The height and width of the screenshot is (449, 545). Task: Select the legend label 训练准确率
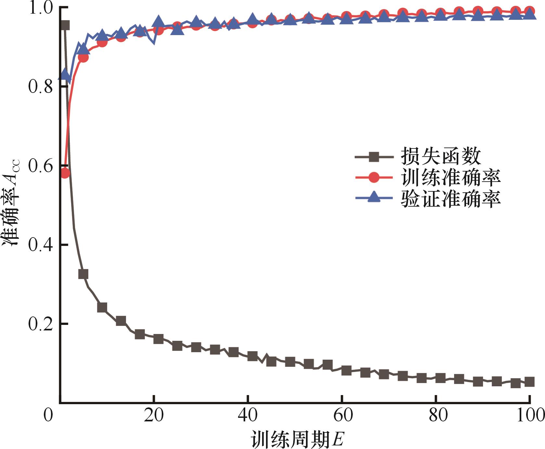point(450,177)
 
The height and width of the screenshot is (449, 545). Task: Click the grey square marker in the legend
point(374,158)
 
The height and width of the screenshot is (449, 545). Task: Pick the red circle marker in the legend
point(374,178)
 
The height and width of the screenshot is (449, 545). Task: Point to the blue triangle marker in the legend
point(374,197)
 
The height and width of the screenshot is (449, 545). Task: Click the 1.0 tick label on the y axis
point(41,8)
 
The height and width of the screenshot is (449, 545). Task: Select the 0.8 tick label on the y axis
point(41,87)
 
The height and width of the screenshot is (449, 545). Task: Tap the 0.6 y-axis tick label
point(41,166)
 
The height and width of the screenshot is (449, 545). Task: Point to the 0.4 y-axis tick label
point(41,245)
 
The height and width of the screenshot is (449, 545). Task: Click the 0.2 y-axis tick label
point(41,324)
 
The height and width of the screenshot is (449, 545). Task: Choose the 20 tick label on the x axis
point(154,416)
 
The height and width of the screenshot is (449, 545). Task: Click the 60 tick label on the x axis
point(343,416)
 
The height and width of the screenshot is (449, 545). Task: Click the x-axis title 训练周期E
point(297,439)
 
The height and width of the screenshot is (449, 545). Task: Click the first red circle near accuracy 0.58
point(65,173)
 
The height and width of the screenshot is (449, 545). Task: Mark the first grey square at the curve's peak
point(65,25)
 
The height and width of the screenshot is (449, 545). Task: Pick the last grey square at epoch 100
point(529,382)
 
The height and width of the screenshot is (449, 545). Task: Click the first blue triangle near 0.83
point(65,75)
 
